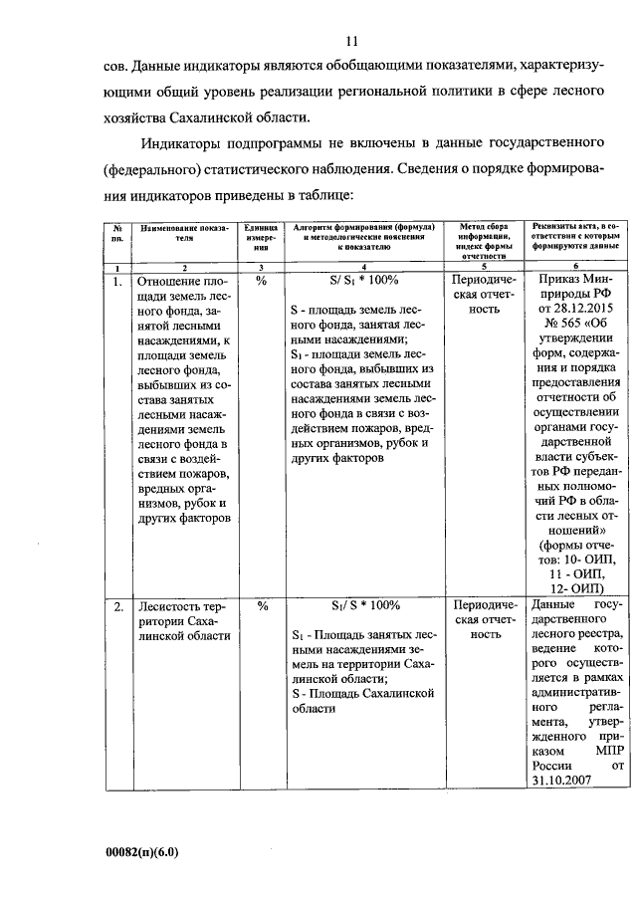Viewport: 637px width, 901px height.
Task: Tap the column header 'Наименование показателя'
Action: [183, 234]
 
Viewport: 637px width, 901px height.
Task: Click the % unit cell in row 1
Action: [262, 281]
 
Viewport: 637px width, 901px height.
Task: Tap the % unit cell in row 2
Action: [262, 605]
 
